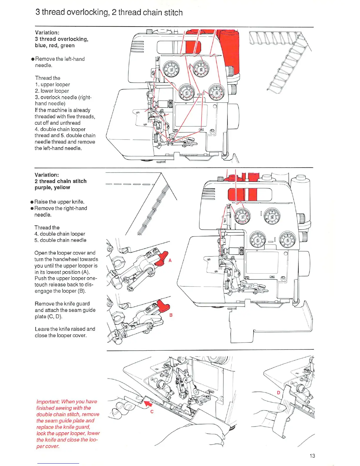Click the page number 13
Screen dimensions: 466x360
pyautogui.click(x=312, y=456)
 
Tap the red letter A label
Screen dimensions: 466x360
pyautogui.click(x=170, y=260)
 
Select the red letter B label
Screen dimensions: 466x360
pyautogui.click(x=171, y=315)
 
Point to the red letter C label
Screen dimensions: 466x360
pyautogui.click(x=152, y=412)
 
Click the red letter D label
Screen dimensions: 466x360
pyautogui.click(x=279, y=392)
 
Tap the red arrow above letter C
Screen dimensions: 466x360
pyautogui.click(x=146, y=402)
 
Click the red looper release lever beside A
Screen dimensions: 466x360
pyautogui.click(x=161, y=259)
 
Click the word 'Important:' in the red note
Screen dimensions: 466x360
pyautogui.click(x=48, y=402)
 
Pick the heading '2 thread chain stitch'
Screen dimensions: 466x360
pyautogui.click(x=61, y=181)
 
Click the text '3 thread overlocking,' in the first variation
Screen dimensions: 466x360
pyautogui.click(x=61, y=39)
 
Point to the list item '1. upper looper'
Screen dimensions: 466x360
pyautogui.click(x=52, y=84)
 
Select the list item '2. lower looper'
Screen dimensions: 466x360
pyautogui.click(x=52, y=91)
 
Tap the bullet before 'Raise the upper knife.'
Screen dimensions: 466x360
pyautogui.click(x=32, y=202)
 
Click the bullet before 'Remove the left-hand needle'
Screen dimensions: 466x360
pyautogui.click(x=33, y=59)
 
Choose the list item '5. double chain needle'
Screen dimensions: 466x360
pyautogui.click(x=60, y=240)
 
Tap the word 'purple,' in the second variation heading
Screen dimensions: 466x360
pyautogui.click(x=44, y=187)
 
